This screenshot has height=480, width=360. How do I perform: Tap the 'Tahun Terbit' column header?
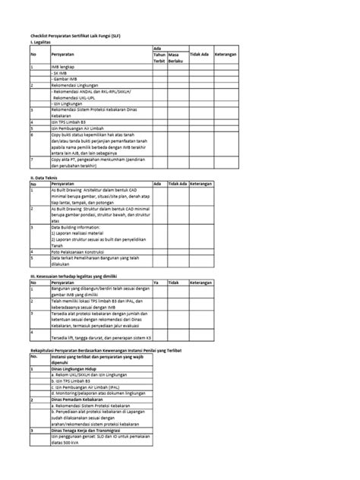tap(159, 58)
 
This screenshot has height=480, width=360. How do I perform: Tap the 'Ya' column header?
tap(156, 281)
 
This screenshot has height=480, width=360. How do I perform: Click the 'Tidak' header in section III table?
tap(174, 281)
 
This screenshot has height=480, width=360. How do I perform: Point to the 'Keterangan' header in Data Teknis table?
tap(203, 184)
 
